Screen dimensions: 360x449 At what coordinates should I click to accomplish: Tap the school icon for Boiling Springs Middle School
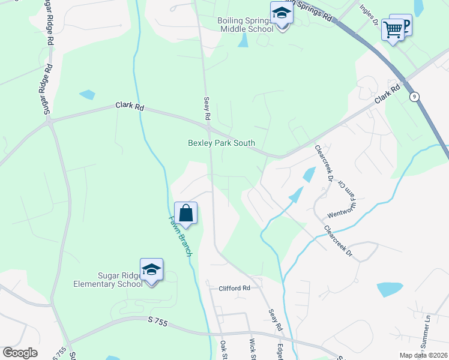click(x=281, y=12)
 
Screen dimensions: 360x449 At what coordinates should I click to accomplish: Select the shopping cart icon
click(x=393, y=28)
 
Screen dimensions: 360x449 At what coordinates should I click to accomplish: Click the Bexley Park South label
click(x=221, y=143)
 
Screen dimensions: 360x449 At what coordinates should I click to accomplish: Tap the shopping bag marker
click(x=185, y=213)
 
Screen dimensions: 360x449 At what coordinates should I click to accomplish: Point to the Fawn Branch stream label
click(x=179, y=237)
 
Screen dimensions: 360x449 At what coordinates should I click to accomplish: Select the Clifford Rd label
click(x=234, y=288)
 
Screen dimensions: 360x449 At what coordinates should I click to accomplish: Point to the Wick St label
click(x=253, y=349)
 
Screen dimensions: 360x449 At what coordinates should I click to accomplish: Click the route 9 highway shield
click(x=414, y=97)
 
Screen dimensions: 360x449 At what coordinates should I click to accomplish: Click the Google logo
click(x=20, y=353)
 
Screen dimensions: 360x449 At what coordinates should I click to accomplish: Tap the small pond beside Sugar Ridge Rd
click(x=87, y=94)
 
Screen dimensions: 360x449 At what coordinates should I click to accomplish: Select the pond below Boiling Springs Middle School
click(x=243, y=40)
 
